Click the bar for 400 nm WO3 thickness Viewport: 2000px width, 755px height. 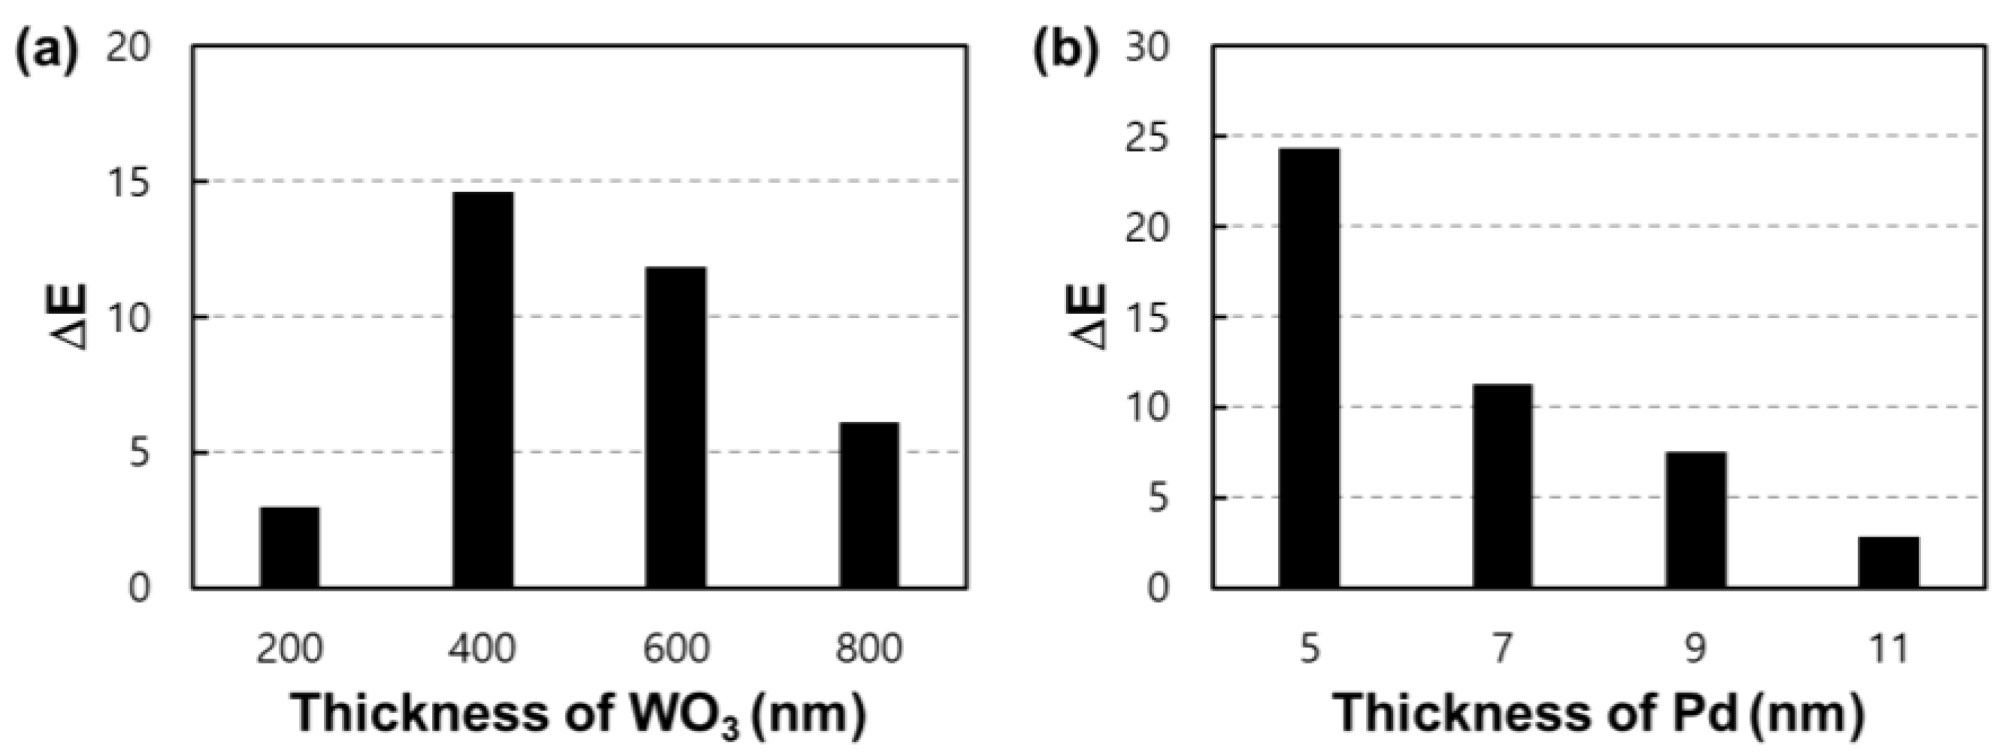[483, 390]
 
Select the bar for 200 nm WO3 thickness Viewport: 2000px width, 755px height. [289, 547]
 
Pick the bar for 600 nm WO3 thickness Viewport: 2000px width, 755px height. [676, 427]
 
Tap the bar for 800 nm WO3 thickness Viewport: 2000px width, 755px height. [869, 504]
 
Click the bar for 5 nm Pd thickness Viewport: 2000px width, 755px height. [1309, 368]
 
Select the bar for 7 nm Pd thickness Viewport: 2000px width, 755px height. [1503, 486]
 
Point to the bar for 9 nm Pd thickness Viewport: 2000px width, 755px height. [1696, 519]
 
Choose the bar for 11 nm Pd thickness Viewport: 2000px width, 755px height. [1889, 562]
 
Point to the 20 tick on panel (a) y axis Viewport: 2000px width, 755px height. [129, 50]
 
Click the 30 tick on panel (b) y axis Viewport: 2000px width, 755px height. [1147, 50]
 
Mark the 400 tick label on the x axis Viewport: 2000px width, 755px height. [483, 648]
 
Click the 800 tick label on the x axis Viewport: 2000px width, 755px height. [869, 648]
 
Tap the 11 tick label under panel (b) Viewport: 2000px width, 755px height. [1889, 648]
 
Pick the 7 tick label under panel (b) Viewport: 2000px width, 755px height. [1503, 648]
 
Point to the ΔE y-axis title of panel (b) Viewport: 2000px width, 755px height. [1091, 316]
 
